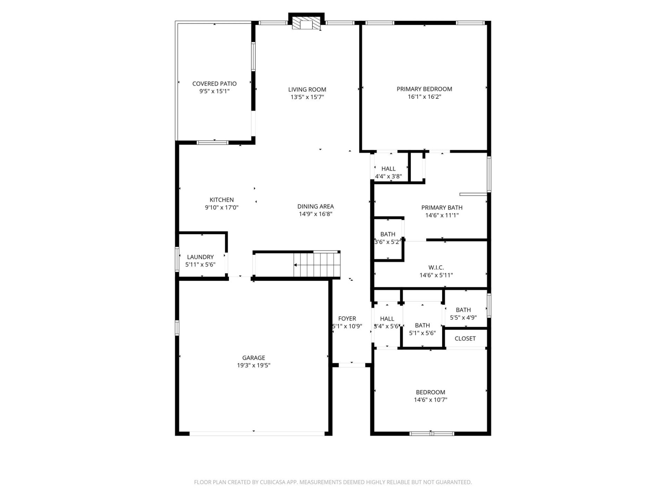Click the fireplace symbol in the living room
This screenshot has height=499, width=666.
pos(306,23)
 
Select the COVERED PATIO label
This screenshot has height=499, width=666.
pos(214,84)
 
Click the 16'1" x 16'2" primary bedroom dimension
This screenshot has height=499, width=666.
pos(424,97)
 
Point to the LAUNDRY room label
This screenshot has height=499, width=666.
pos(200,257)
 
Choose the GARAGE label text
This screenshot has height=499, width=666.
pos(254,358)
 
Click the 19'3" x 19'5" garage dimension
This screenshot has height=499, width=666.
pos(254,365)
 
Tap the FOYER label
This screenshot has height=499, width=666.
pos(347,318)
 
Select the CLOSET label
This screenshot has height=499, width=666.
pos(465,339)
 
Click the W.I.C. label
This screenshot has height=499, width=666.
pos(436,268)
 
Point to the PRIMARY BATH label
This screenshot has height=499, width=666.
pos(442,208)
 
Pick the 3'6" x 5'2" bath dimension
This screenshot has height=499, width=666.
pos(387,242)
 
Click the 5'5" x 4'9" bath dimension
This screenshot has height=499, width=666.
pos(463,317)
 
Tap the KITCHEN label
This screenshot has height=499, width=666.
pos(222,200)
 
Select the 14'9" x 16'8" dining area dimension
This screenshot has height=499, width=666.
pos(315,214)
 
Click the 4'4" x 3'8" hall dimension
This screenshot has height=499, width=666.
pos(388,176)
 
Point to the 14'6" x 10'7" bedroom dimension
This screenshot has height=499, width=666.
pos(430,400)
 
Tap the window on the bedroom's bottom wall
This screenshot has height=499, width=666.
pos(432,434)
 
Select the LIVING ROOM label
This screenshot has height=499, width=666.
pos(307,89)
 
